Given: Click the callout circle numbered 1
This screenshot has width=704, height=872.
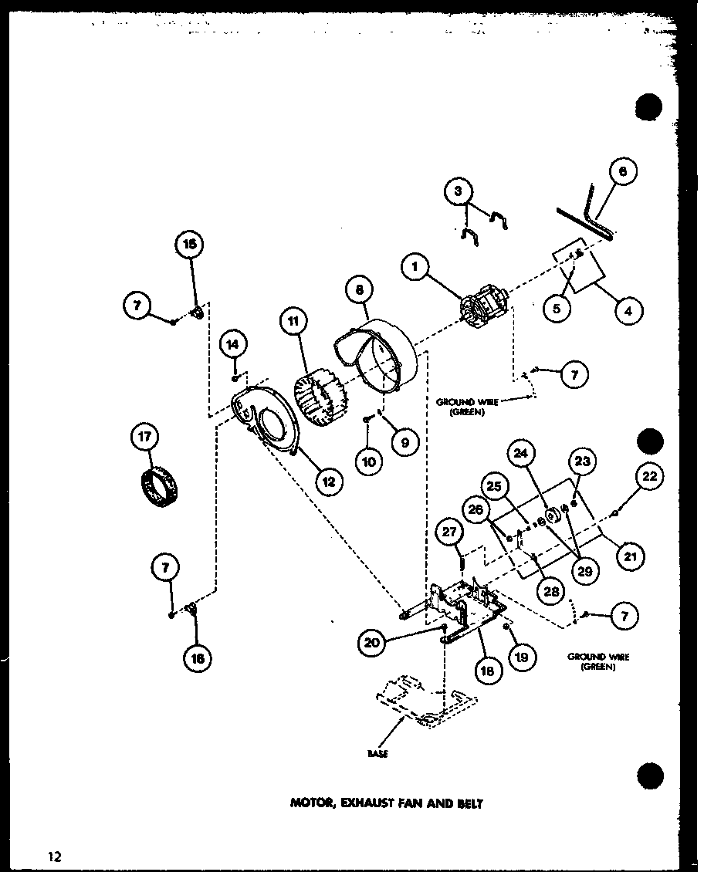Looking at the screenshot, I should point(415,267).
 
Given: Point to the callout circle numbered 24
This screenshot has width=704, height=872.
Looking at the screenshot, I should point(522,454).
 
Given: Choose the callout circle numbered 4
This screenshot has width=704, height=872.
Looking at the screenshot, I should point(628,311).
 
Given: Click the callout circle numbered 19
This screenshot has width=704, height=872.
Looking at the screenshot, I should point(522,657).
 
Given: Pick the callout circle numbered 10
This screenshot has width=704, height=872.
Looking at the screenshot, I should point(370,461).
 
